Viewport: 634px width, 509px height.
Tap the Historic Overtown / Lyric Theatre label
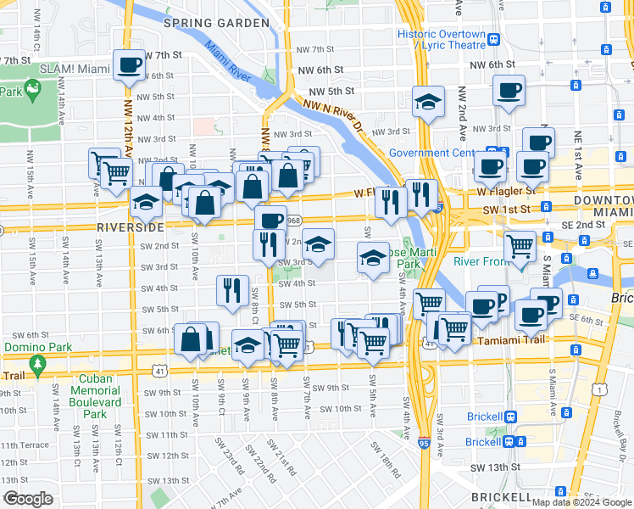tap(442, 41)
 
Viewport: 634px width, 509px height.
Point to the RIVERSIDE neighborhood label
tap(130, 228)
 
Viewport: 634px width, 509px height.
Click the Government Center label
tap(432, 154)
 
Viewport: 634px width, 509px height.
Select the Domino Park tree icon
tap(37, 364)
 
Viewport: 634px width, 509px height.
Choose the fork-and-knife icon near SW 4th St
tap(231, 290)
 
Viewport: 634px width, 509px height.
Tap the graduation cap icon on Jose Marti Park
tap(372, 259)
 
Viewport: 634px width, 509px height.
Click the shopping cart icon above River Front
tap(520, 246)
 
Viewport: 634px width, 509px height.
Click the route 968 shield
tap(294, 220)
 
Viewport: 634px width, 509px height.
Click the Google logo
tap(29, 499)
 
